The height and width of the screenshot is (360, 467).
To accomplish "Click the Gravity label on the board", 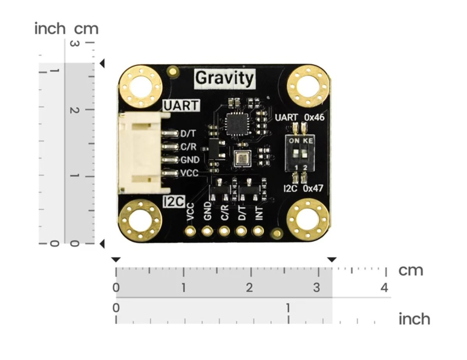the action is pos(225,78).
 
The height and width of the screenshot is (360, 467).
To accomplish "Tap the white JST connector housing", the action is pos(144,153).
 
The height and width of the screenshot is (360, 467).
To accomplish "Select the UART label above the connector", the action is pos(181,106).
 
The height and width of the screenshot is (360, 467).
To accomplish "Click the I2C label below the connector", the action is pos(174,201).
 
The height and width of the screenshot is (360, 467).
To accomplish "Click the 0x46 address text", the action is pos(314,117).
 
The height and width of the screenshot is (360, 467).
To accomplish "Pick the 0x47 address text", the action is pos(313,188).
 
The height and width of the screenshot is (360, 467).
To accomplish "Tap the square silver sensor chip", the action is pos(242,158).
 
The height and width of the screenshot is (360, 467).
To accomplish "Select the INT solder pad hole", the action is pos(258,231).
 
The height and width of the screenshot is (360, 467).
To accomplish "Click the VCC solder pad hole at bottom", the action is pos(190,231).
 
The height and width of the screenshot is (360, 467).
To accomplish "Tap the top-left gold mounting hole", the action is pos(140,87).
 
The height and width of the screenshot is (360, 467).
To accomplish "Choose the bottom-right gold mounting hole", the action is pos(308,220).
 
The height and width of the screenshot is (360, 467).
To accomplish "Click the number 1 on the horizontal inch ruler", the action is pos(288,308).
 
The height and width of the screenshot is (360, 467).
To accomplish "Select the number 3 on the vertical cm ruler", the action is pos(74,44).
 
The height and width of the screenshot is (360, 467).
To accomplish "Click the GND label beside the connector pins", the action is pos(190,160).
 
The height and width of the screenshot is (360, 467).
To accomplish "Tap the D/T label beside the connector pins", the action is pos(188,134).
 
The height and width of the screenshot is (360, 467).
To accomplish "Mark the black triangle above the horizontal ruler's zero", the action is pos(116,260).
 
